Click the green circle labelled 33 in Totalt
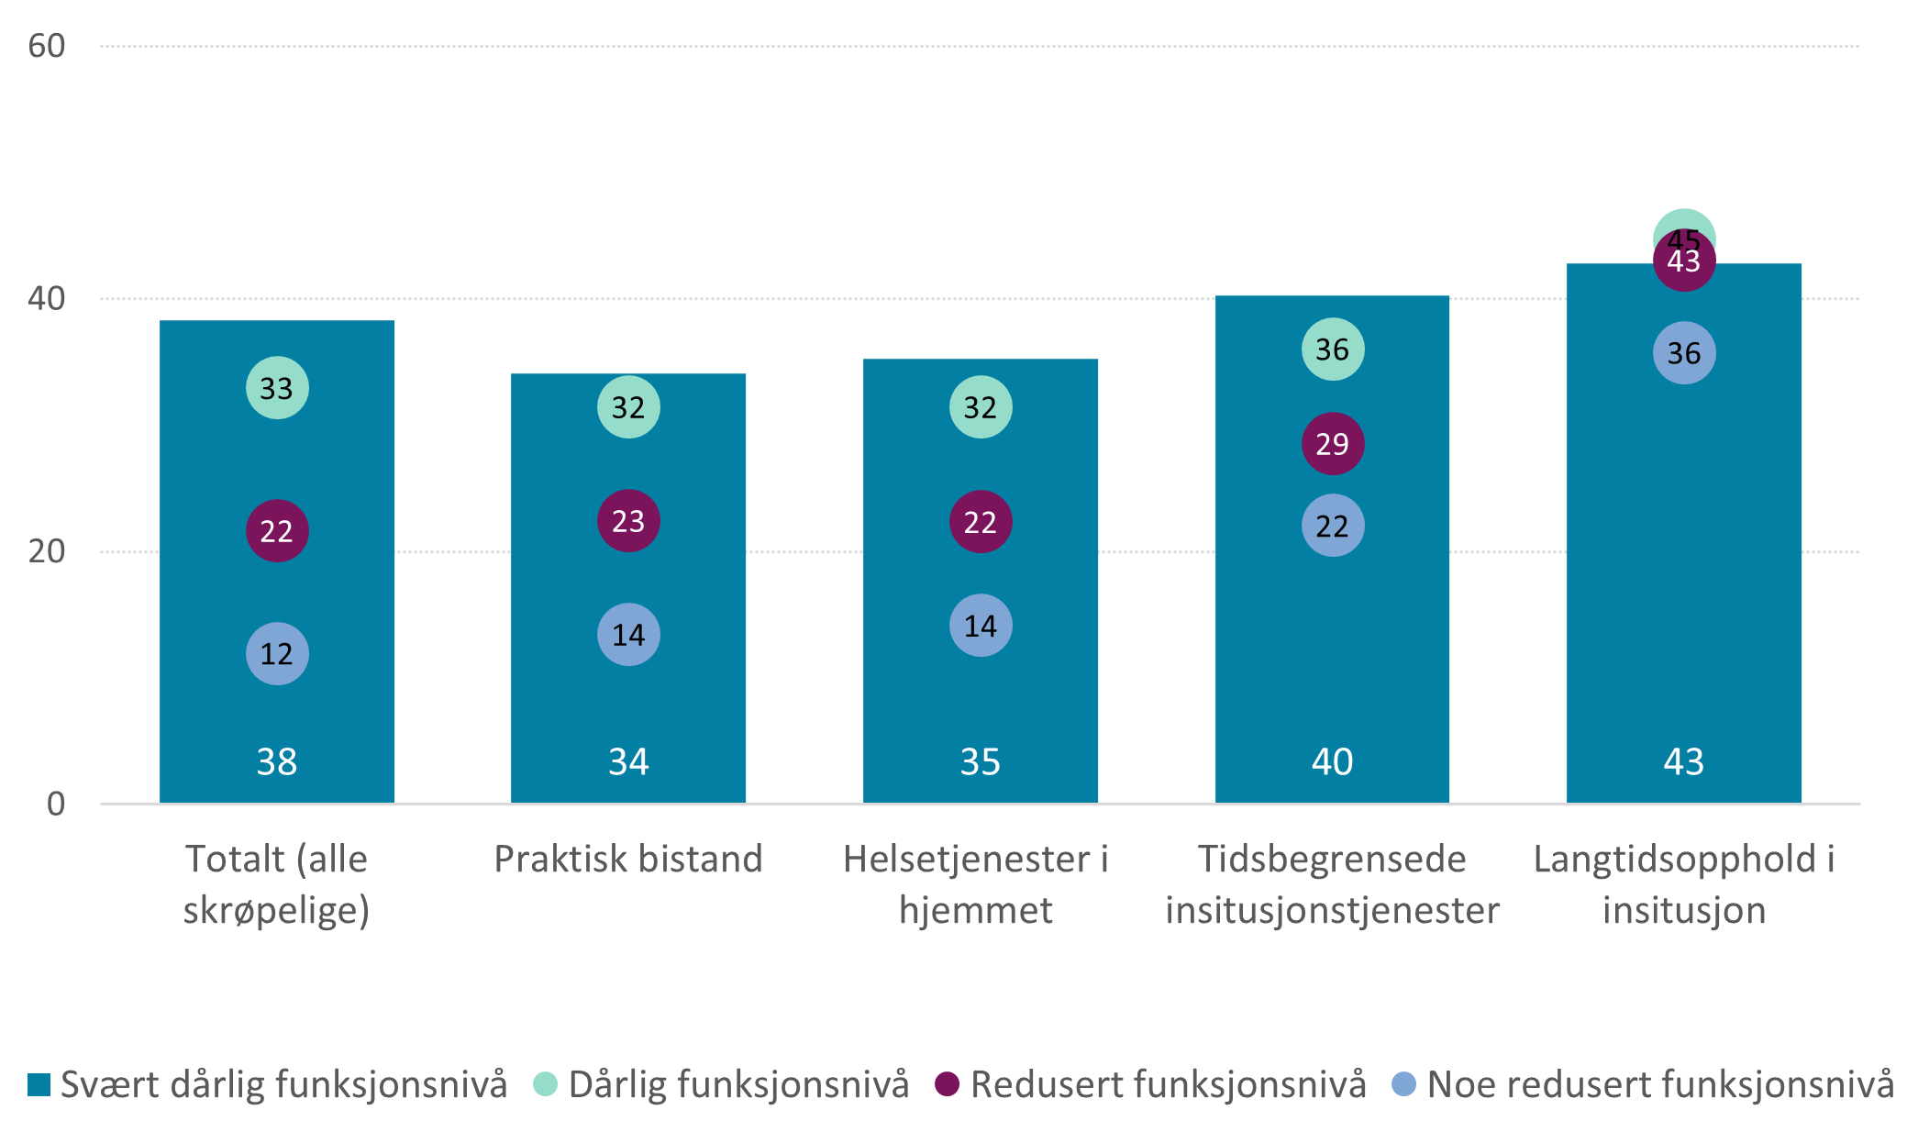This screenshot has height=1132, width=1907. (x=277, y=388)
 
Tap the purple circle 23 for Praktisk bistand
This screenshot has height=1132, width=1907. (x=628, y=521)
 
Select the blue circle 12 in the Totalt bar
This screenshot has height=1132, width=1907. (x=277, y=654)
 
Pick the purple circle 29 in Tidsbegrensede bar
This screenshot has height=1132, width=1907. (x=1333, y=444)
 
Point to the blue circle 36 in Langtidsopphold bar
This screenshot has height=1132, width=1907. (x=1684, y=353)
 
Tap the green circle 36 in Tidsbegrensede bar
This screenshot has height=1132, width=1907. (x=1333, y=350)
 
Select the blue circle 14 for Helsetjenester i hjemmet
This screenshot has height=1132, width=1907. (x=981, y=626)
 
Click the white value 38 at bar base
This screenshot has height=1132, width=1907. (x=277, y=761)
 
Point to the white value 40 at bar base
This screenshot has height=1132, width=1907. (x=1333, y=761)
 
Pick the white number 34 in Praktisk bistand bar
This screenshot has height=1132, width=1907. (x=628, y=761)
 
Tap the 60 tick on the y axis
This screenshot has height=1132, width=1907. (x=47, y=46)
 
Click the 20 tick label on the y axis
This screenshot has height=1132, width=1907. (x=47, y=551)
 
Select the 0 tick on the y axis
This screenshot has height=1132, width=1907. (x=56, y=805)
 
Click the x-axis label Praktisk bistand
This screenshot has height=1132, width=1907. (x=628, y=860)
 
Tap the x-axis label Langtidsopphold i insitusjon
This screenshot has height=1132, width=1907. (x=1684, y=884)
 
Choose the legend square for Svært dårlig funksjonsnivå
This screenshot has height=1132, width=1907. (x=39, y=1084)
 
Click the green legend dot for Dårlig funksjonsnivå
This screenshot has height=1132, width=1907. (x=546, y=1084)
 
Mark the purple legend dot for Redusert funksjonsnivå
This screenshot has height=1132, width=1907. (x=948, y=1084)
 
